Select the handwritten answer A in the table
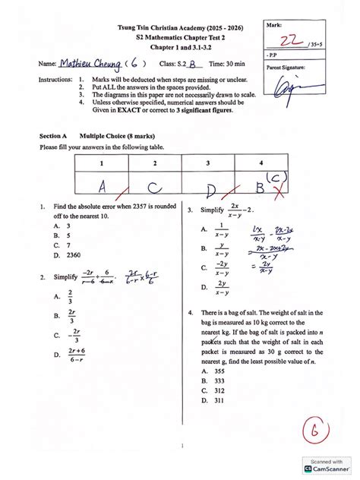(100, 186)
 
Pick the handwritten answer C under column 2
(153, 186)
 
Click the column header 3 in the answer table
(207, 163)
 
